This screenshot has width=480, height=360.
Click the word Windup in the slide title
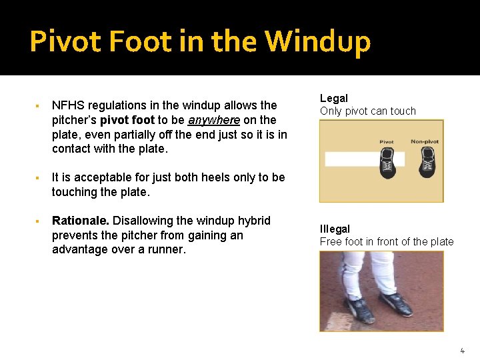317,41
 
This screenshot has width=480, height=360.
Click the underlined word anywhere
213,120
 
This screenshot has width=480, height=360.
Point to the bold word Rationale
81,221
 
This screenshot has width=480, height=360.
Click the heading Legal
334,98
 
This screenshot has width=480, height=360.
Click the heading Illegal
335,229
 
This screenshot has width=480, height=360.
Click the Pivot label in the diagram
387,141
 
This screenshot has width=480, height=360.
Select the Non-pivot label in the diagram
425,141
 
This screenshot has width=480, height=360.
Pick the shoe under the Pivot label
387,162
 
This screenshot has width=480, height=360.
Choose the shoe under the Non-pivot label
427,162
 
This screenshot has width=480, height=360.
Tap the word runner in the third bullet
167,249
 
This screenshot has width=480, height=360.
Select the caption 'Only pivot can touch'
367,111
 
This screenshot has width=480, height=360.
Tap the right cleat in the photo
395,303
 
